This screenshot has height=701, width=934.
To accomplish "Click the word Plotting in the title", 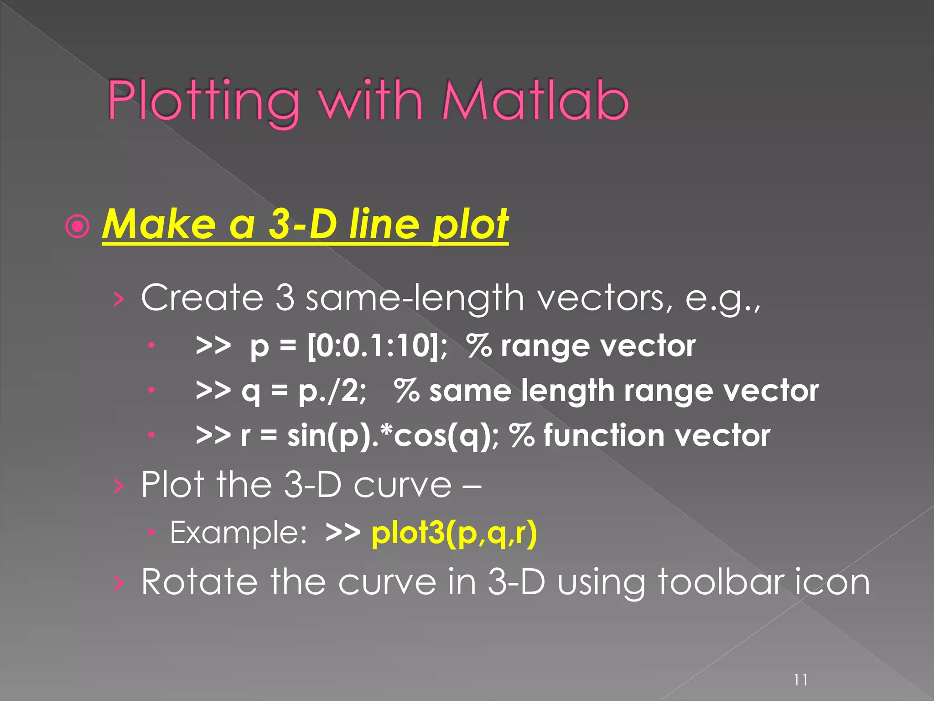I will click(203, 101).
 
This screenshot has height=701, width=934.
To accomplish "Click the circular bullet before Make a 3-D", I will click(78, 226).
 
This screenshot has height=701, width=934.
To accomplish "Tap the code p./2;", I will click(332, 391).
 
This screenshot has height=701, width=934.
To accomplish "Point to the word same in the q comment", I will click(470, 391).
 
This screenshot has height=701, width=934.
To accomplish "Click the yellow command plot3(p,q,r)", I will click(454, 533).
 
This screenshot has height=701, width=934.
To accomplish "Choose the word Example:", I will click(238, 533).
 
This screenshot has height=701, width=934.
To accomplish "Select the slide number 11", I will click(800, 680).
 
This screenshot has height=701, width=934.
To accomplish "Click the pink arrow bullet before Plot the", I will click(118, 487).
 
